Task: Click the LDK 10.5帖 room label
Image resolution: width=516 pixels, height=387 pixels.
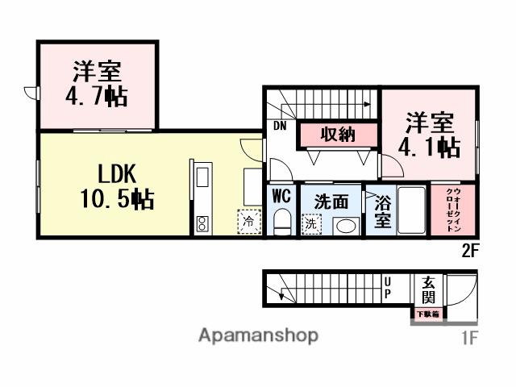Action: [x=117, y=186]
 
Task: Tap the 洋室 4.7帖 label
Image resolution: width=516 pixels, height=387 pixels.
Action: [x=96, y=84]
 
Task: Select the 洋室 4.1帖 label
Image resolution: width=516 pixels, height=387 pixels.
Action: [x=429, y=135]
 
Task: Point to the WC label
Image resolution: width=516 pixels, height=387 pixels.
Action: [x=281, y=196]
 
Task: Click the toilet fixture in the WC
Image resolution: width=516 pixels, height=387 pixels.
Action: [x=282, y=221]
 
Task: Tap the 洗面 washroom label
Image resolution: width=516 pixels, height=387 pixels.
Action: [x=331, y=202]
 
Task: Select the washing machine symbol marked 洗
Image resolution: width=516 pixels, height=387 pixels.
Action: [x=310, y=226]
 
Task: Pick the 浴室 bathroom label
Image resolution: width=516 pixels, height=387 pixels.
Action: [x=383, y=212]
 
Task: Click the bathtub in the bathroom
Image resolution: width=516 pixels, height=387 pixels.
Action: [x=411, y=211]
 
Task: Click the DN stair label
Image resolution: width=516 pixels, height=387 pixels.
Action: [x=279, y=126]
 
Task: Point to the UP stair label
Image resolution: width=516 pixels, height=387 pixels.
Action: [x=388, y=287]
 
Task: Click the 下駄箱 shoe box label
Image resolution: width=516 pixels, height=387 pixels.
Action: [x=427, y=314]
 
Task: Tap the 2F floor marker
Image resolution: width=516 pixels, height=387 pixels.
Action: [x=471, y=249]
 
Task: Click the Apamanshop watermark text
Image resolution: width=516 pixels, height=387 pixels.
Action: [x=258, y=335]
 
